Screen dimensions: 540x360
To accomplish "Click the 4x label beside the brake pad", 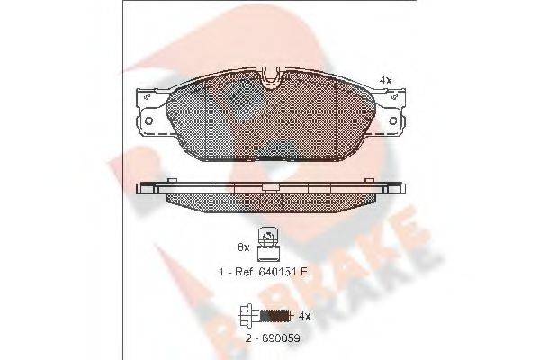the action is (385, 80).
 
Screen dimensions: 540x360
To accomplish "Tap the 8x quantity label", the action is (244, 247).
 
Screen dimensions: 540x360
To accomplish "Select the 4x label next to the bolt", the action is (304, 316).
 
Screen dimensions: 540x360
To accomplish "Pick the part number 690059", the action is (282, 338).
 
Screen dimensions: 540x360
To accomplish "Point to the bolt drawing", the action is (266, 315).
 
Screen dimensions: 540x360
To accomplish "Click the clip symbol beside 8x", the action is (268, 245).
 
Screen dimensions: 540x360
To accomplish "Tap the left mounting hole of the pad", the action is (149, 121).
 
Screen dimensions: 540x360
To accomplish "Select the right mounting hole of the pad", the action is (393, 121).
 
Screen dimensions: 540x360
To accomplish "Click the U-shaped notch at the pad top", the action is (272, 80).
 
